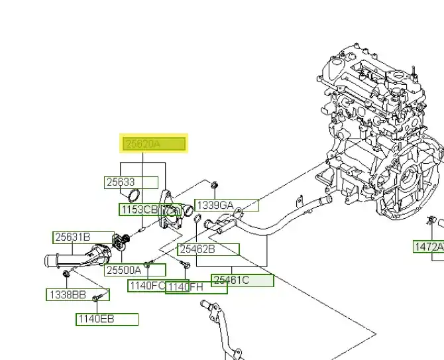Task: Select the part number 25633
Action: coord(131,182)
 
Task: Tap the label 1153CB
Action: coord(139,210)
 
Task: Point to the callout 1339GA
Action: coord(227,206)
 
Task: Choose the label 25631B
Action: coord(83,237)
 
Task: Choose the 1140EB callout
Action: coord(107,319)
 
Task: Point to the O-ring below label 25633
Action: coord(133,196)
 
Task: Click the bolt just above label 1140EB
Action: coord(97,299)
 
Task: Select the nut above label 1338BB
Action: coord(67,274)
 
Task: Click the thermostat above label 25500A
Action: coord(120,242)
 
